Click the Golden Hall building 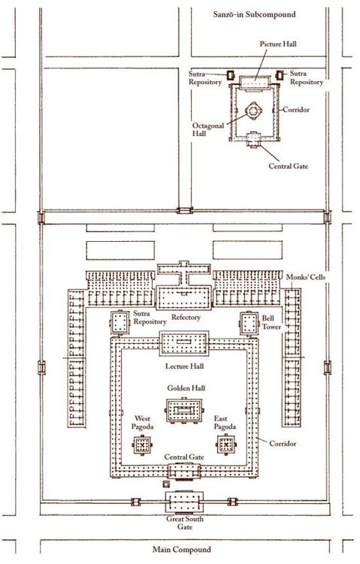pos(184,410)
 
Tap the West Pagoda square pos(142,445)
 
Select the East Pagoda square pos(226,445)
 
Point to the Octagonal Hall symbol pos(253,111)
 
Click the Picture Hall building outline pos(255,83)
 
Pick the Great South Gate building pos(184,502)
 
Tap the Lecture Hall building pos(184,343)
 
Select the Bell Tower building pos(249,324)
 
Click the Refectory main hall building pos(183,297)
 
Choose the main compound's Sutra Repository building pos(119,323)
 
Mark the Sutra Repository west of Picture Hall pos(231,75)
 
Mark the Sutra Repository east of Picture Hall pos(280,75)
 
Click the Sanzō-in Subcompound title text pos(255,14)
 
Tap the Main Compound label pos(182,550)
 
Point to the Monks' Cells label pos(306,277)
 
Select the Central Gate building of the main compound pos(184,471)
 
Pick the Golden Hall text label pos(186,388)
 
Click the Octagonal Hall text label pos(207,129)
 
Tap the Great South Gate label pos(185,523)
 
